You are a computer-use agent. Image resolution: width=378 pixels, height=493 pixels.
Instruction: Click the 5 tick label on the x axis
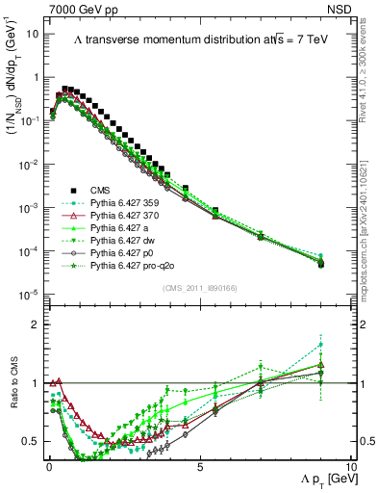pos(199,467)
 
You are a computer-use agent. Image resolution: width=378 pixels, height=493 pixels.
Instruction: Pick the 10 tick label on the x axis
pos(349,467)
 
